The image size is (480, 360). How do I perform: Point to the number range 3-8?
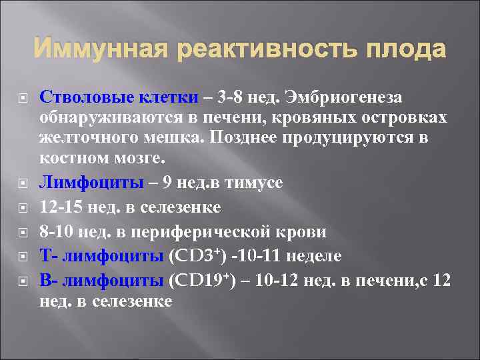pyautogui.click(x=236, y=98)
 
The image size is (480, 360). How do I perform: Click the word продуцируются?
pyautogui.click(x=344, y=139)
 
